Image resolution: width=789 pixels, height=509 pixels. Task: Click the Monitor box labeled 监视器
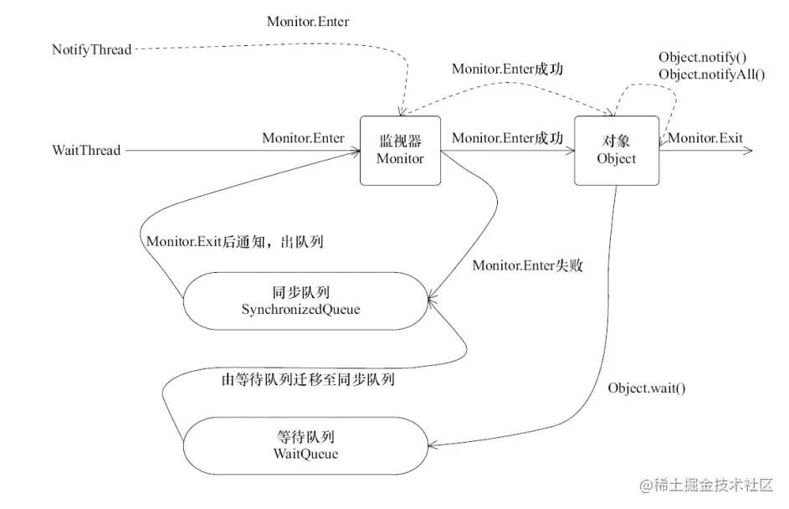pos(401,151)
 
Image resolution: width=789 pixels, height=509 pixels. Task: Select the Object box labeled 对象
pos(617,151)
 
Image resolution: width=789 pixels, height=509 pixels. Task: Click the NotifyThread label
pos(91,50)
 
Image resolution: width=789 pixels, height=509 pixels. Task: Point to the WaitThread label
pos(86,151)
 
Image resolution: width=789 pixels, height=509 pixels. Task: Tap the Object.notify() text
pos(702,58)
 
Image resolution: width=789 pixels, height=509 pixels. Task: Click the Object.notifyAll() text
pos(712,75)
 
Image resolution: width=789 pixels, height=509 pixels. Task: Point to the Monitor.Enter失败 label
pos(527,265)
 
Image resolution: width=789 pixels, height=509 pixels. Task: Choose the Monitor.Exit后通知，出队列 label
pos(235,242)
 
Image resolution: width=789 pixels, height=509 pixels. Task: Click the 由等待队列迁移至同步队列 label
pos(308,379)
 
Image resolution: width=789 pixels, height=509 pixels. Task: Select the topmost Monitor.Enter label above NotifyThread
pos(308,22)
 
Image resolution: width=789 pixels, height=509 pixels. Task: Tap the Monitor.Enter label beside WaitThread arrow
pos(303,138)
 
